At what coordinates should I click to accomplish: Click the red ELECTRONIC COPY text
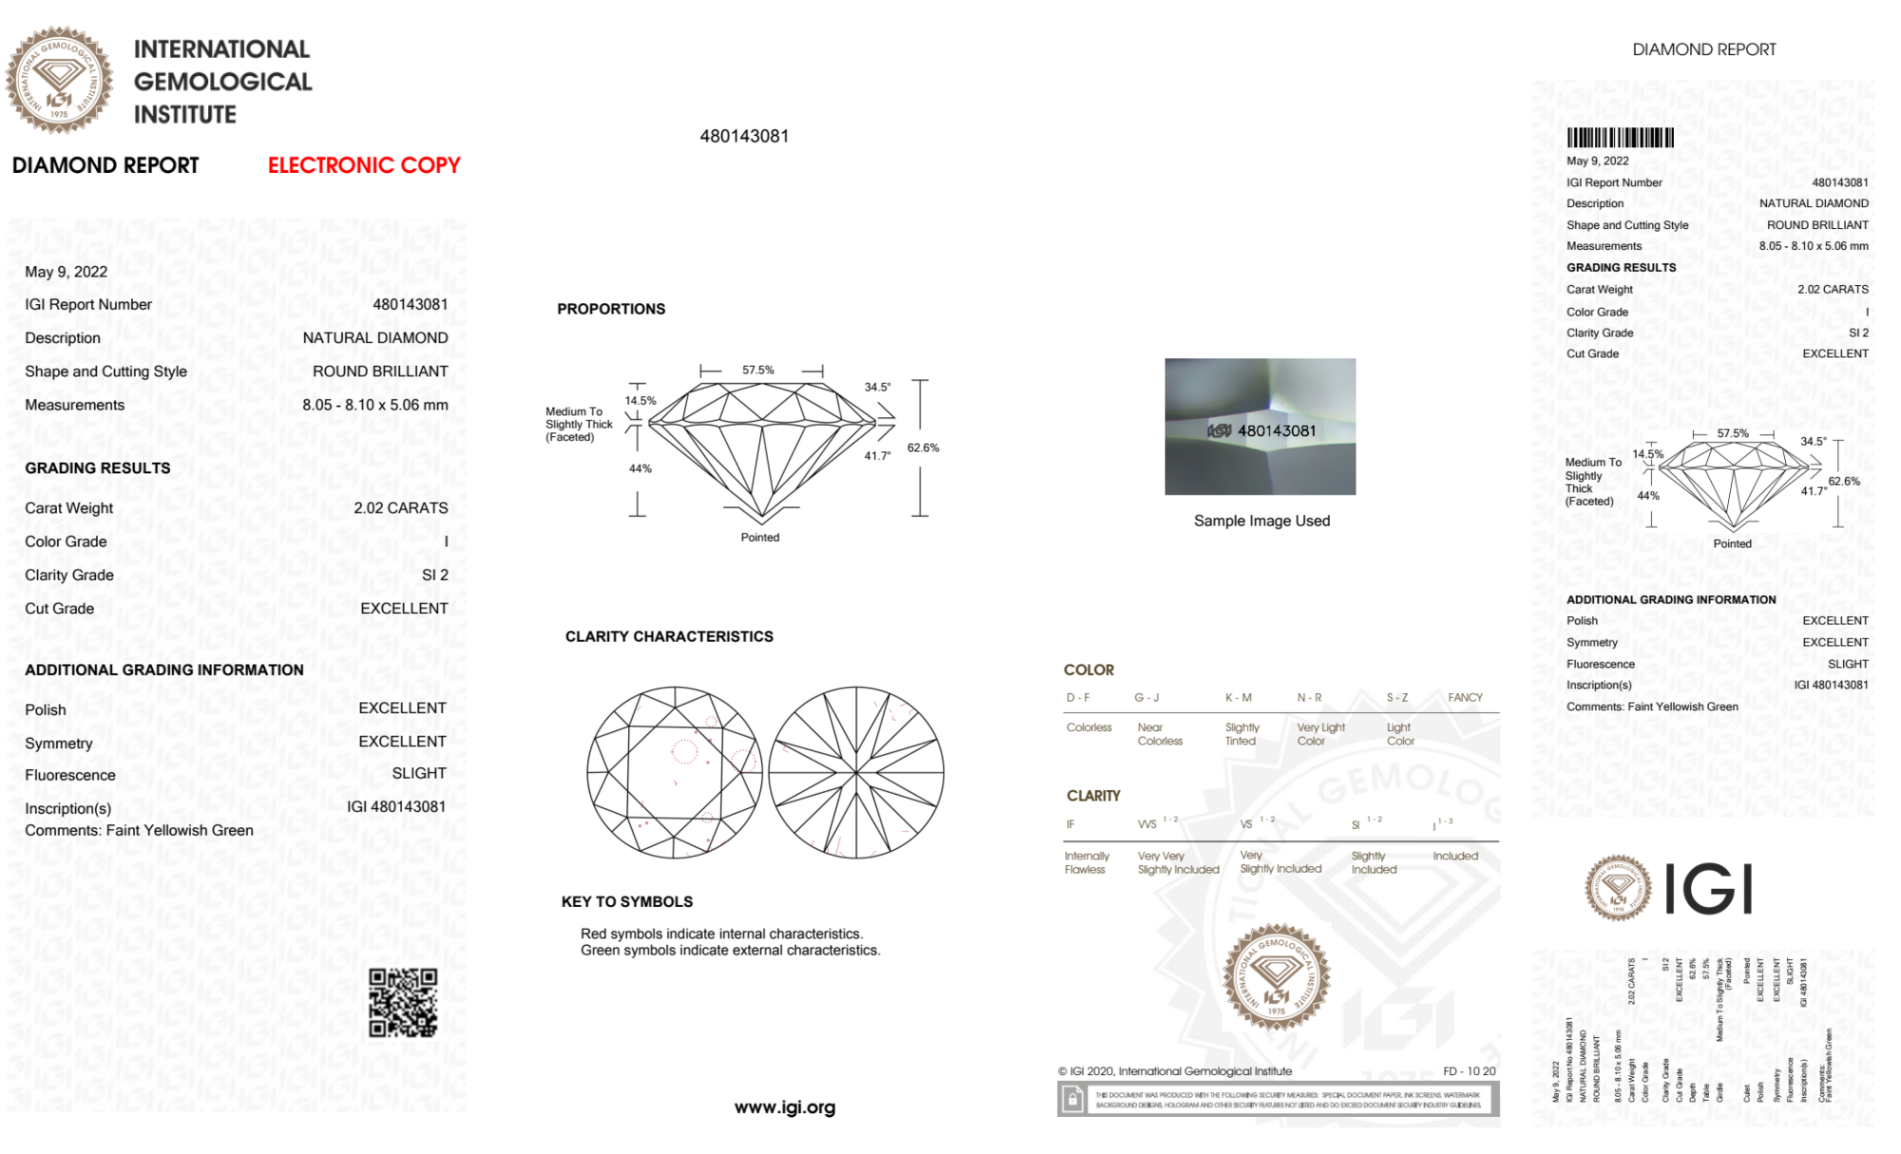364,165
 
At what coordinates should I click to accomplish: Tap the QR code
403,1002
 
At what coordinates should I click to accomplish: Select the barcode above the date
1620,138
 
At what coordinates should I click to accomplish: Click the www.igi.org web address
785,1107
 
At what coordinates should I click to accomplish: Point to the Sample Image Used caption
1262,520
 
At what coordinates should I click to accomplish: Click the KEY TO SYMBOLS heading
627,901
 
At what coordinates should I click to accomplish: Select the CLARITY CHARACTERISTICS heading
669,636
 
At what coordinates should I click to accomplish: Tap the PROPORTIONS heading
611,309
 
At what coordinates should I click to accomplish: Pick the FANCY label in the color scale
1465,697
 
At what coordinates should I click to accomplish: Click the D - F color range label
1078,697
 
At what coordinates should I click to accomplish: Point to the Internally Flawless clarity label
1086,862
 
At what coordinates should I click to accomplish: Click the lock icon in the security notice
1073,1100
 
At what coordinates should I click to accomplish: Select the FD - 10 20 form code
1469,1071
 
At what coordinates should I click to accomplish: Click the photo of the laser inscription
1260,426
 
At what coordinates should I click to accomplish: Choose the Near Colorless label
1160,734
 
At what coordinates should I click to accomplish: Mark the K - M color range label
1238,697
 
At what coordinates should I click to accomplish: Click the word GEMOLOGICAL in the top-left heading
223,82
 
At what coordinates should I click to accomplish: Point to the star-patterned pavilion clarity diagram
856,773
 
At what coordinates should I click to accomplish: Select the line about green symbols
731,951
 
